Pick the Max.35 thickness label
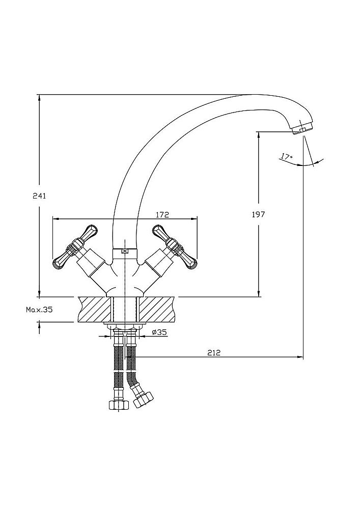click(x=39, y=309)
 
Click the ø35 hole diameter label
click(x=160, y=332)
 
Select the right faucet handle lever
click(x=176, y=248)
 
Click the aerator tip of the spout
click(x=303, y=128)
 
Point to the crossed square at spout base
click(x=125, y=250)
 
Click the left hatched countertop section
click(x=94, y=309)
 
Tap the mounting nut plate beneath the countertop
click(x=125, y=324)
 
